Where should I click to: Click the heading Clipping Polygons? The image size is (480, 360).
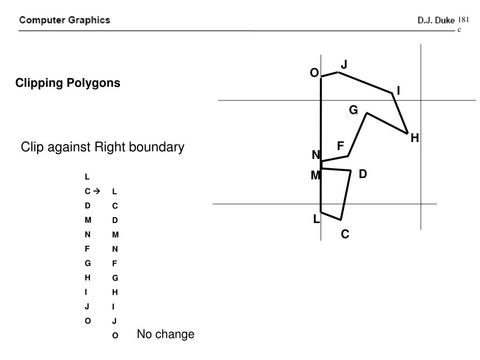68,83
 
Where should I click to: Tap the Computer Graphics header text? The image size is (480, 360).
65,20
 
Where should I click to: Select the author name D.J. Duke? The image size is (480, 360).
436,21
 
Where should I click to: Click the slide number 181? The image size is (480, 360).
463,20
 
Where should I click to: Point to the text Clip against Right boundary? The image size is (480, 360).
103,147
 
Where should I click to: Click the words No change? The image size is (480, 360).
165,335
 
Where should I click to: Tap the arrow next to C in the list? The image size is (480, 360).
97,191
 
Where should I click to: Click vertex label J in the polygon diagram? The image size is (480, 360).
344,64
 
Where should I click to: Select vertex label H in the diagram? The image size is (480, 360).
414,138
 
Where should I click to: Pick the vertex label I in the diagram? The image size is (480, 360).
398,91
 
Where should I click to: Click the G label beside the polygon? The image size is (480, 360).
353,110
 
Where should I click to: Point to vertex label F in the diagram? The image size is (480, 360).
341,146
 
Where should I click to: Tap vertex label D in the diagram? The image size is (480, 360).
363,174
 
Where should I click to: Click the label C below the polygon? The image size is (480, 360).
345,233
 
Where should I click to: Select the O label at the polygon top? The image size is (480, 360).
314,73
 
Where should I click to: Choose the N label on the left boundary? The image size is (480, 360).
316,155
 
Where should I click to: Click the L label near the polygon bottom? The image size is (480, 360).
316,218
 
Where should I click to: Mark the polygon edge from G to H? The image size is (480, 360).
387,123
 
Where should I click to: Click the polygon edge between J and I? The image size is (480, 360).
365,82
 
